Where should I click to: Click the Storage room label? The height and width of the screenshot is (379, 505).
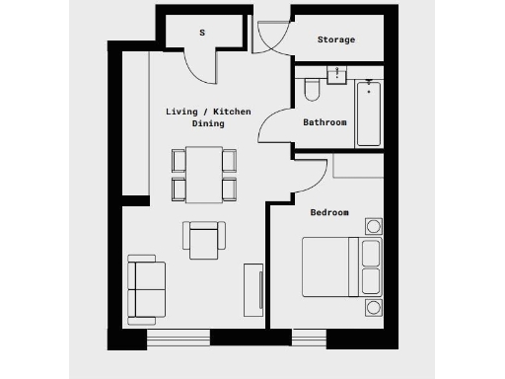[336, 39]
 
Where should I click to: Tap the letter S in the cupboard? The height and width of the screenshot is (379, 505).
[202, 33]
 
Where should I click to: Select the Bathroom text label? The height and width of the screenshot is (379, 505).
[325, 122]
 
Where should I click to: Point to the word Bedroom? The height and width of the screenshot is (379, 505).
[329, 212]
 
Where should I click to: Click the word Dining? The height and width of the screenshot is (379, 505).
[208, 124]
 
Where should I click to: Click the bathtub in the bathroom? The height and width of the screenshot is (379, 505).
[369, 114]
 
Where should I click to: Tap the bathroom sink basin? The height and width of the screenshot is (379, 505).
[337, 74]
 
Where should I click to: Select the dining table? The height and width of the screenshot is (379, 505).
[204, 173]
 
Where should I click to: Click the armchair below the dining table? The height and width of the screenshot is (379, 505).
[204, 238]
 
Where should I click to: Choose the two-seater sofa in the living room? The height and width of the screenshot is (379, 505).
[146, 288]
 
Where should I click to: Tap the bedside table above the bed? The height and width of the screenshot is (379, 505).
[372, 226]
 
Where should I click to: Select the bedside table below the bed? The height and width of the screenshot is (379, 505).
[372, 308]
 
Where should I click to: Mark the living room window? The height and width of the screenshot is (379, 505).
[179, 339]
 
